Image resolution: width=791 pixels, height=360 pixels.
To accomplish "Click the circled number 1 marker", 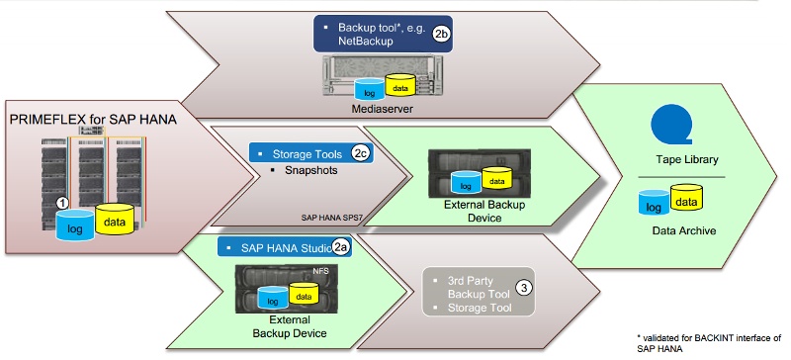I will pyautogui.click(x=62, y=202).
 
